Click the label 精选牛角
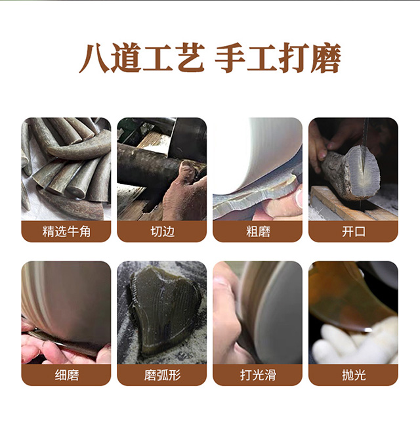[66, 232]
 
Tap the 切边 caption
[162, 232]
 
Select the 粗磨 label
[258, 232]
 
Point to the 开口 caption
[354, 232]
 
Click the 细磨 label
[66, 375]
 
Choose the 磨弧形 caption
[162, 375]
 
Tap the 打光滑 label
[258, 375]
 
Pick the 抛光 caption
[354, 375]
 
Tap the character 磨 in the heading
[326, 58]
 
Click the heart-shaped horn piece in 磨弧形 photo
[164, 309]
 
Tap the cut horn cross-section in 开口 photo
[362, 172]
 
